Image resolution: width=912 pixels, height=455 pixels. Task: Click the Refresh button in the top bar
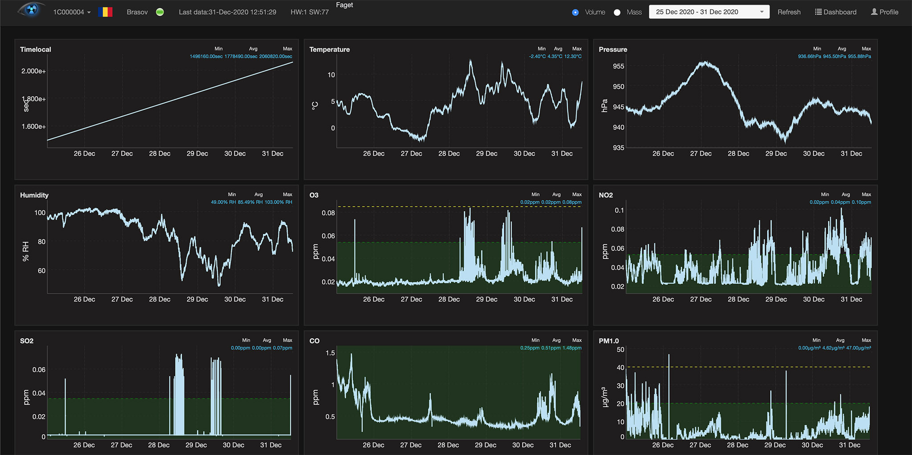[x=789, y=12]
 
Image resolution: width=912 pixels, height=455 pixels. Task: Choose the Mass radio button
[x=617, y=12]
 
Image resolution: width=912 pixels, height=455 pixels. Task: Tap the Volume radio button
[x=575, y=12]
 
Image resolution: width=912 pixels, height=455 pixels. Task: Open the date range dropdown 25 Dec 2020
[x=709, y=12]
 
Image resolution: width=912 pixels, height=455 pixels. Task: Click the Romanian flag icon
[x=105, y=12]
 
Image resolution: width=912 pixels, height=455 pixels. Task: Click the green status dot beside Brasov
[x=160, y=12]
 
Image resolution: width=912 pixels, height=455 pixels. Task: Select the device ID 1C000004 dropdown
[x=72, y=12]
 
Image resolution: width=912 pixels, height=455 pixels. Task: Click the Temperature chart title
[x=330, y=49]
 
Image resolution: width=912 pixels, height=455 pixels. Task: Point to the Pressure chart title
[x=613, y=49]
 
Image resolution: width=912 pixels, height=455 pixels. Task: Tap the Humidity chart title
[x=34, y=195]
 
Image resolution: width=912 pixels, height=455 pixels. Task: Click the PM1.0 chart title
[x=609, y=341]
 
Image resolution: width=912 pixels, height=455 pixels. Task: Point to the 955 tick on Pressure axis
[x=619, y=66]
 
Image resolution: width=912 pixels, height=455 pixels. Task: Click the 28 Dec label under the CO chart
[x=448, y=445]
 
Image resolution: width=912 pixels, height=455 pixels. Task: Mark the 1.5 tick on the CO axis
[x=330, y=353]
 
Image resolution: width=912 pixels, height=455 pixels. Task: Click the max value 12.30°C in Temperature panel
[x=573, y=57]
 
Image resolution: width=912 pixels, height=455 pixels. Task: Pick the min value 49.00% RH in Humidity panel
[x=223, y=202]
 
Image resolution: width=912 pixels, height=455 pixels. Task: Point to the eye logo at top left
[x=31, y=10]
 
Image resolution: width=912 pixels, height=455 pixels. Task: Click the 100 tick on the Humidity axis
[x=40, y=213]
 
